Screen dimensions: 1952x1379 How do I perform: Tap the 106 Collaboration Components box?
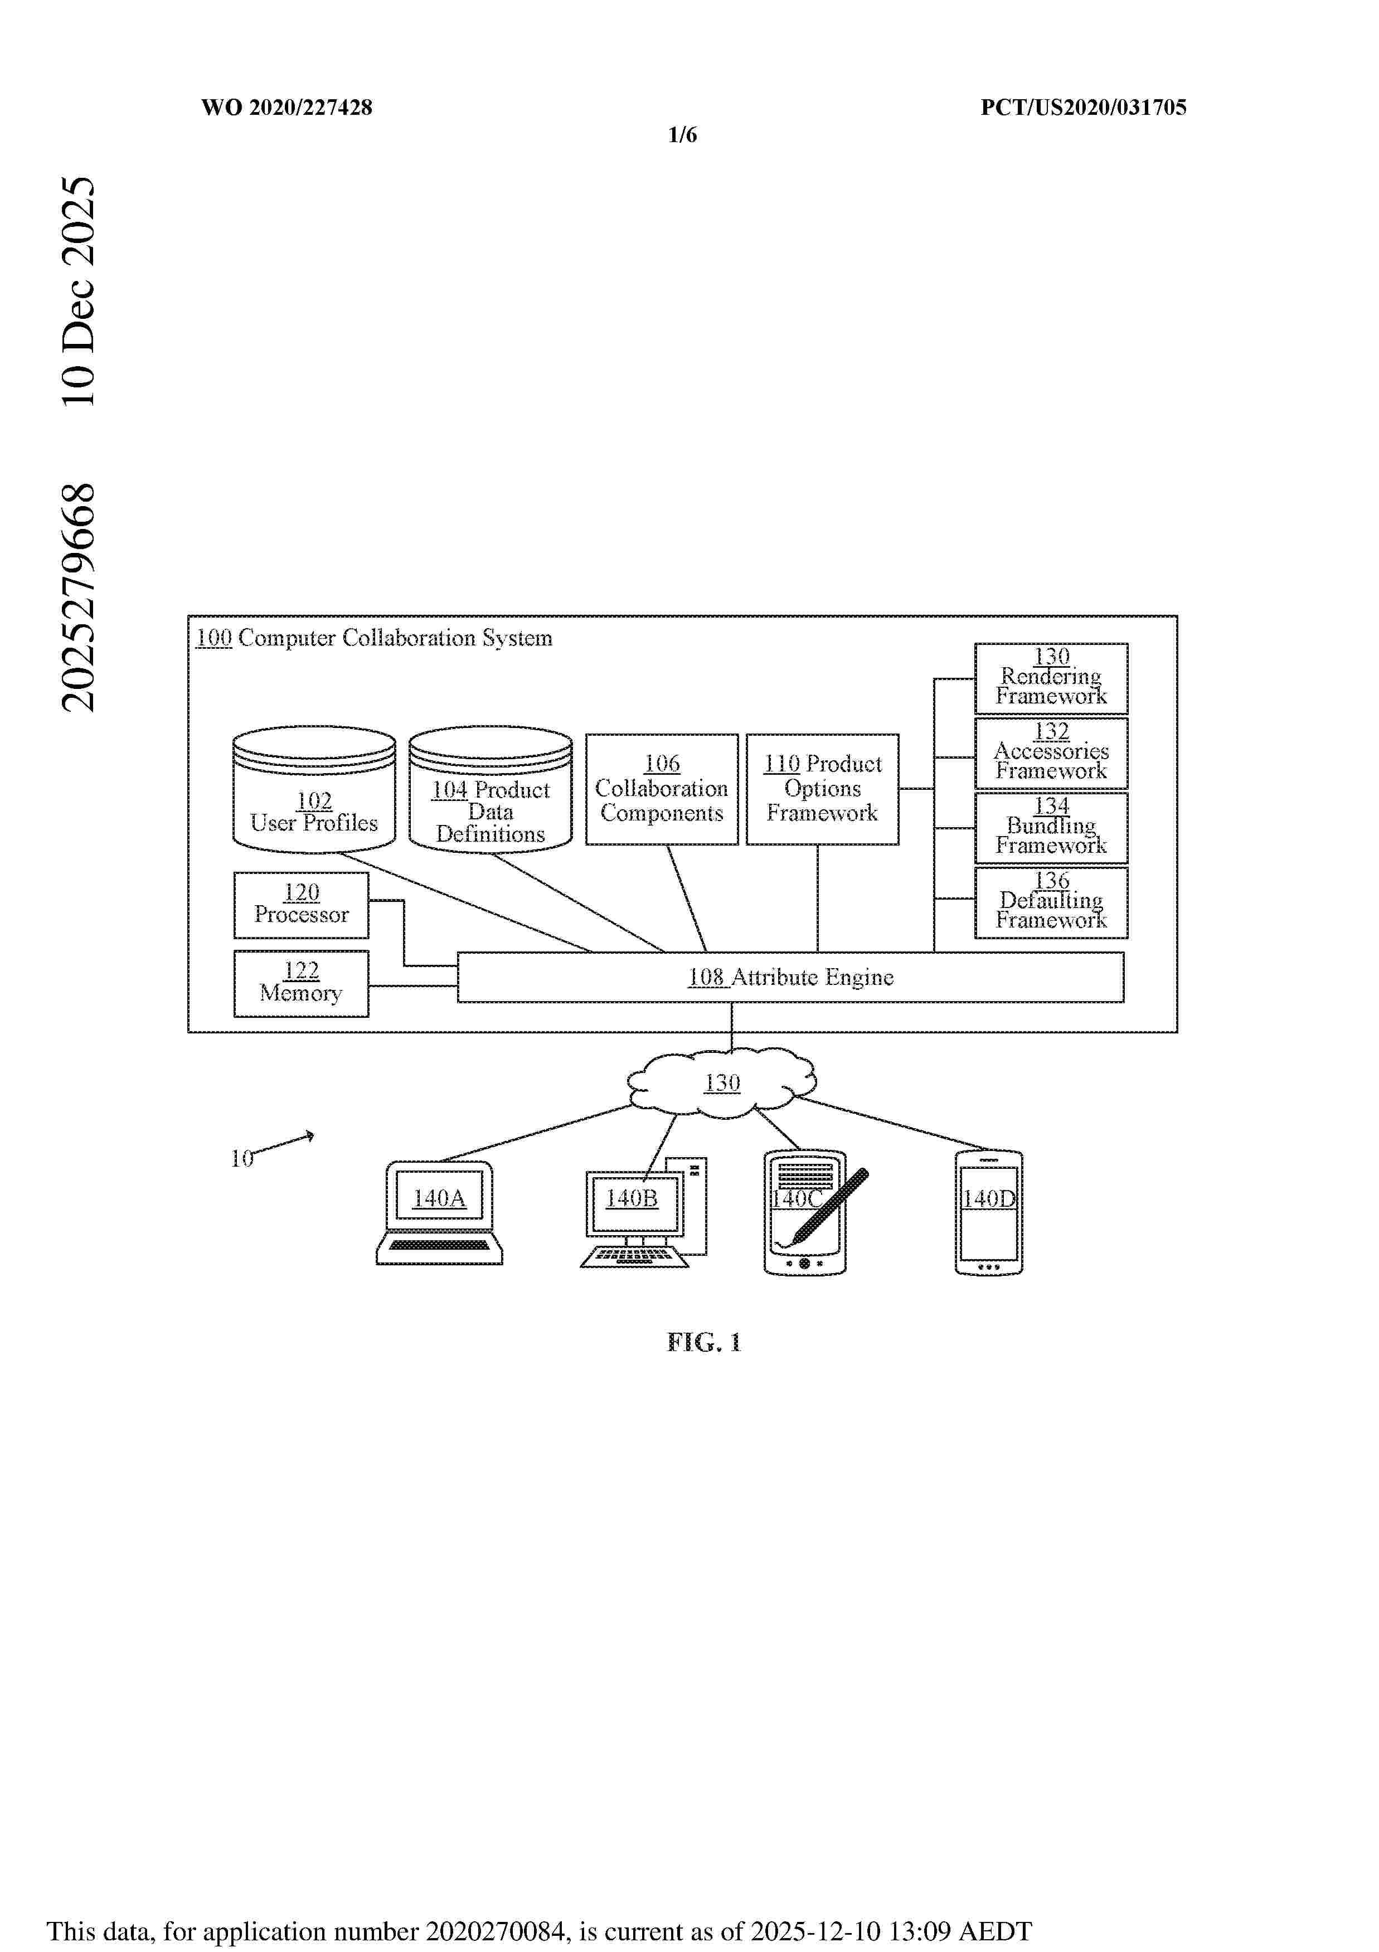click(x=662, y=789)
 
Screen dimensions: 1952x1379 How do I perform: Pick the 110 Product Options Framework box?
click(x=822, y=789)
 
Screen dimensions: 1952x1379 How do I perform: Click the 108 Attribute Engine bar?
click(x=790, y=977)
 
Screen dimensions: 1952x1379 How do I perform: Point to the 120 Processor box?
click(x=301, y=905)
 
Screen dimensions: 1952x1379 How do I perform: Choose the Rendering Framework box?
click(x=1051, y=678)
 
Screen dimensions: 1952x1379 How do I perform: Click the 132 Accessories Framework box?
click(x=1051, y=752)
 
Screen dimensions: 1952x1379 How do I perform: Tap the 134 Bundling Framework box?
click(x=1051, y=827)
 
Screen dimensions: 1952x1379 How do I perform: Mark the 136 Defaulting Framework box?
click(x=1051, y=902)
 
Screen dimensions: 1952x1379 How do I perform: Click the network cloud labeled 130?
click(x=722, y=1082)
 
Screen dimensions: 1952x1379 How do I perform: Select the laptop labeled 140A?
click(x=440, y=1211)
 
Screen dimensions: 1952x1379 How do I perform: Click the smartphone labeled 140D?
click(x=989, y=1211)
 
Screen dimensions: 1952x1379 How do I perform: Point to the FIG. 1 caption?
click(x=704, y=1342)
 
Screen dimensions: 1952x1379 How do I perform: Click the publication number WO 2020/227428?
click(x=287, y=107)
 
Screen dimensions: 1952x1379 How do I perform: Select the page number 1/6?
click(x=683, y=134)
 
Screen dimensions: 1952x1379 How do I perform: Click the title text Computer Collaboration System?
click(x=395, y=638)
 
